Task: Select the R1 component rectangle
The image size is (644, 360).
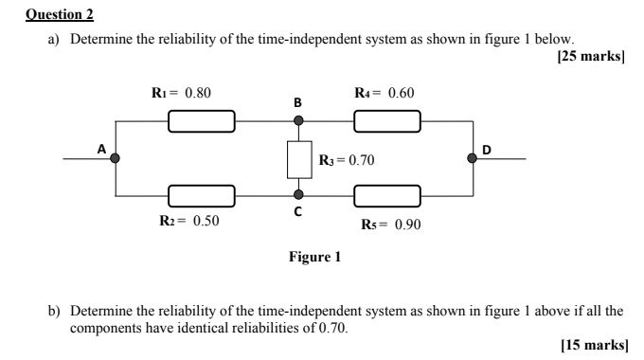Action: [202, 120]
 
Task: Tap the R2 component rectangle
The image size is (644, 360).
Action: [202, 196]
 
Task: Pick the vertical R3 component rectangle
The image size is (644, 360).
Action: [299, 159]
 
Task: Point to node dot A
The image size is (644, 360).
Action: [116, 158]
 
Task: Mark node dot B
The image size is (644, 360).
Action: [299, 120]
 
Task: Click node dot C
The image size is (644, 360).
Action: [299, 196]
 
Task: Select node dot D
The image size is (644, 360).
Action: [473, 158]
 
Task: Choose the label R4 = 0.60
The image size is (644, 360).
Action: [384, 93]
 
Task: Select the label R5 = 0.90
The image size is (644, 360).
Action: [390, 225]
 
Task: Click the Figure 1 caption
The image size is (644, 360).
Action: [315, 257]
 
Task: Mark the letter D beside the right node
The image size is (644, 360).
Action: [487, 149]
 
